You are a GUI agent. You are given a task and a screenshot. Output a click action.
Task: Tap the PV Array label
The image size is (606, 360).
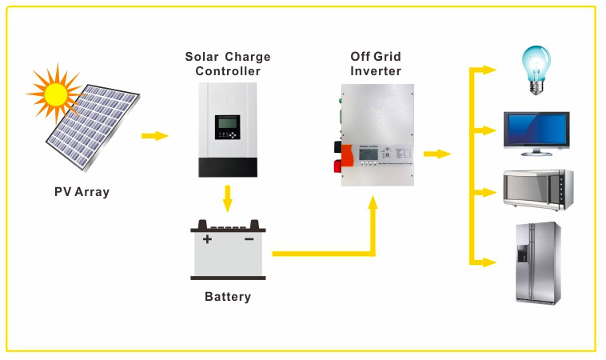(x=82, y=192)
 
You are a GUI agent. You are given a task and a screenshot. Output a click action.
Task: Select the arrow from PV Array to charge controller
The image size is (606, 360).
(x=155, y=135)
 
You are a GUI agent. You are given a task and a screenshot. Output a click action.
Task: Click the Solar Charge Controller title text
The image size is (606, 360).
(x=228, y=64)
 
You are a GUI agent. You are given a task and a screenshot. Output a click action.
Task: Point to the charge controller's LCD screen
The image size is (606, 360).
(x=227, y=126)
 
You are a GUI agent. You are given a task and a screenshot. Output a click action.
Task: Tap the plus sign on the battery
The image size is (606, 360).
(x=208, y=238)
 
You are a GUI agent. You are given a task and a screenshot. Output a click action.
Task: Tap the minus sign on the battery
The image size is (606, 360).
(x=249, y=238)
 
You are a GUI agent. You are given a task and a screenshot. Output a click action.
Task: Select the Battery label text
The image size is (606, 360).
(x=228, y=297)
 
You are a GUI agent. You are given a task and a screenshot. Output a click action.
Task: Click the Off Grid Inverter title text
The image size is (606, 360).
(x=376, y=64)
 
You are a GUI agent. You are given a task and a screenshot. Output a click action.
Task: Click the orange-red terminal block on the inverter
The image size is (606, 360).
(x=347, y=157)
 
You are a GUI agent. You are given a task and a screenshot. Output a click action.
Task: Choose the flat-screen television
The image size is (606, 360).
(x=536, y=133)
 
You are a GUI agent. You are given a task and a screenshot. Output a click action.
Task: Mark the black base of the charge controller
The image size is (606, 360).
(x=228, y=167)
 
